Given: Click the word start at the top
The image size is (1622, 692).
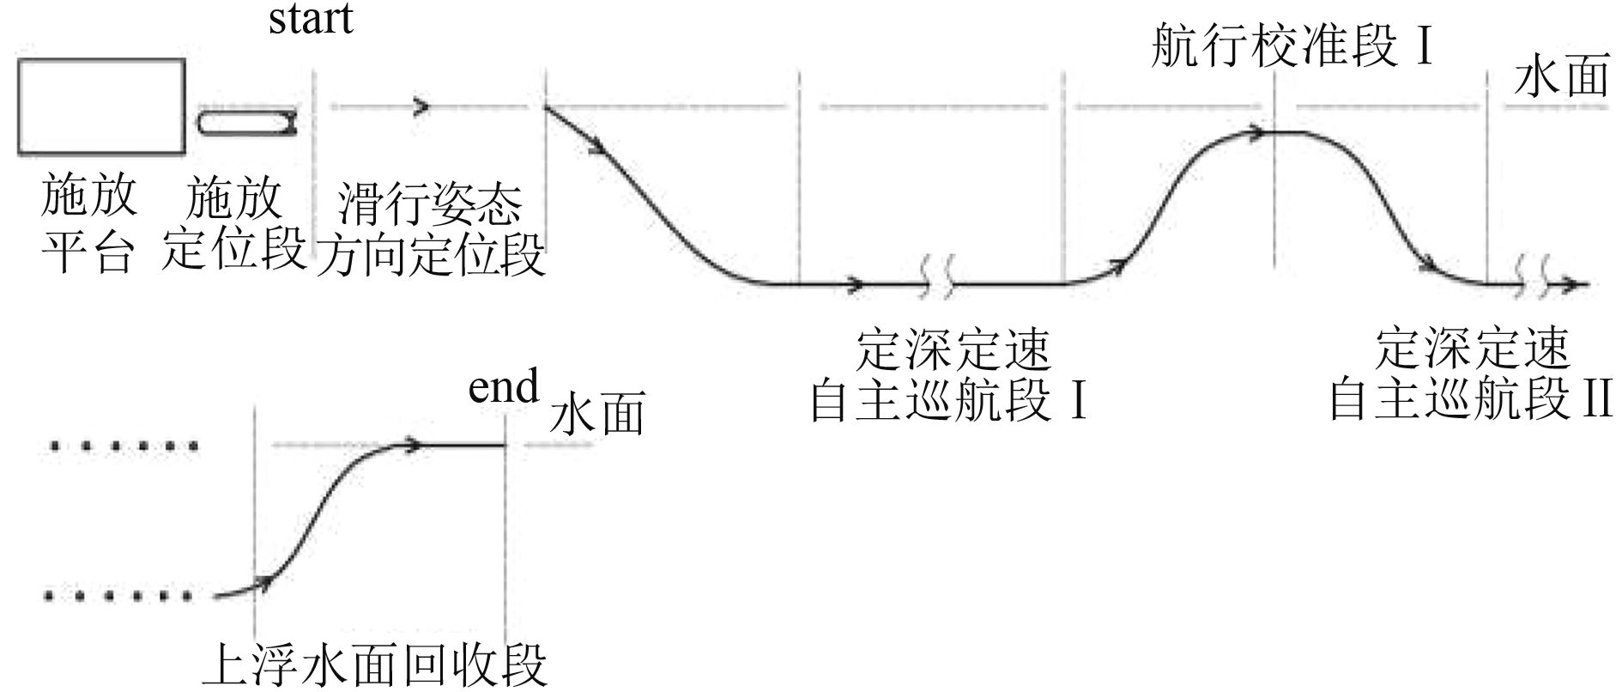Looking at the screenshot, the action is [311, 19].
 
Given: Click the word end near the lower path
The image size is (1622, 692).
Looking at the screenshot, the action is [503, 387].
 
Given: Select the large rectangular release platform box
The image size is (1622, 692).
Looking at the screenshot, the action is [101, 106].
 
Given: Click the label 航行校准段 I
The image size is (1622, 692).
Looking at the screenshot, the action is [1292, 46].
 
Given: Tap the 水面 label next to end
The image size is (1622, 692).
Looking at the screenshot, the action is [596, 415].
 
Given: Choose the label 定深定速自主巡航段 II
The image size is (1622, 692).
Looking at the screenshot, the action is [1470, 375].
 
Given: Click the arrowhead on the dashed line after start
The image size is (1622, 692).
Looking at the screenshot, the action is [421, 107].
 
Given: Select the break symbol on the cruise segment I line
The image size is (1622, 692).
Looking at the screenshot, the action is [937, 284].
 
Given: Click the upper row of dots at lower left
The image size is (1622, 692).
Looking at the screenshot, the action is [125, 446].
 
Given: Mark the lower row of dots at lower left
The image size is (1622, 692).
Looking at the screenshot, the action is [120, 594].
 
